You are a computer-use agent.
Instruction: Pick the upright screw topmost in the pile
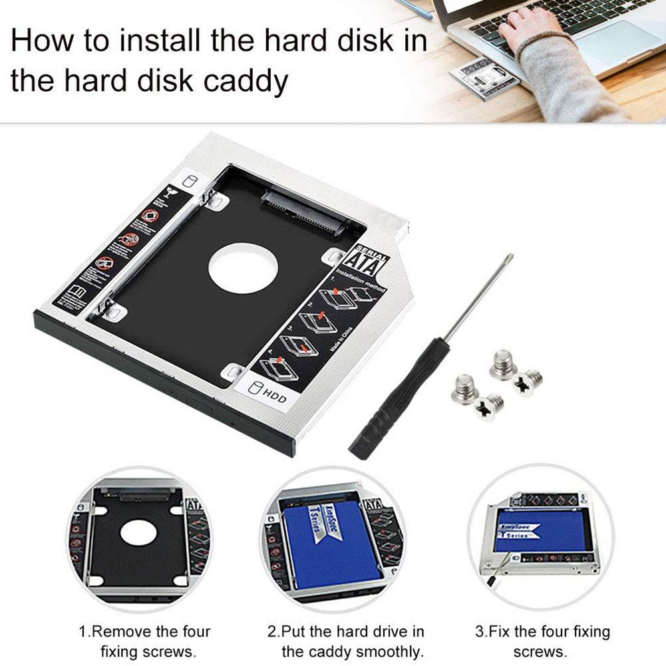click(504, 365)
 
